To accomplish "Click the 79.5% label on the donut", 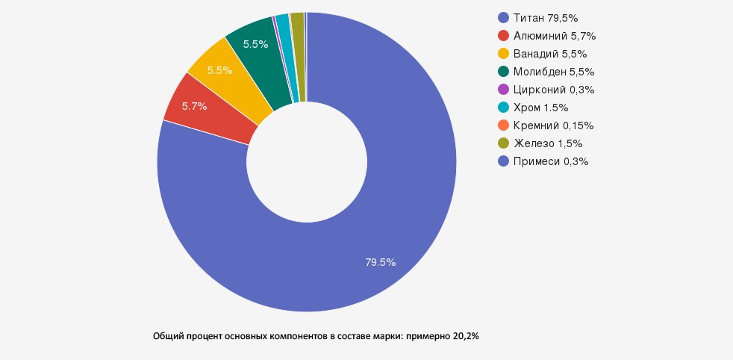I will (x=380, y=262).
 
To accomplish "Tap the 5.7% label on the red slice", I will (x=194, y=106).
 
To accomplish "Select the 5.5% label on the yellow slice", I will (x=219, y=70).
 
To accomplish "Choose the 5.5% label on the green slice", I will (x=255, y=44).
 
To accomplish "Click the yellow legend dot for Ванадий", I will (x=503, y=53).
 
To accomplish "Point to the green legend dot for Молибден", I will (x=503, y=71).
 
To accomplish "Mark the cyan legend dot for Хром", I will (x=503, y=107).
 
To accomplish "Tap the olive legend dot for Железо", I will (x=503, y=143).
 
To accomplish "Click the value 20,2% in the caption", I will (x=465, y=337).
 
